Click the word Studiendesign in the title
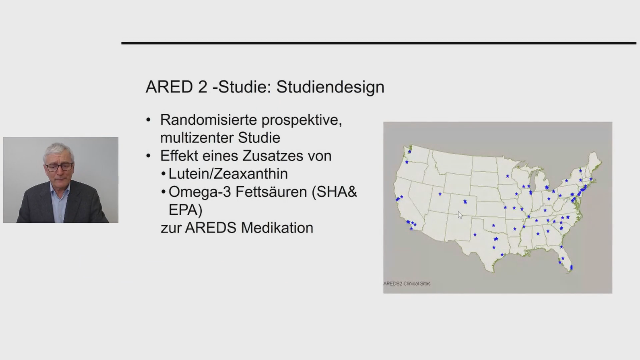click(x=330, y=87)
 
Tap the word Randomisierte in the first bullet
click(x=209, y=120)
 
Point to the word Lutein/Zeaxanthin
click(x=228, y=174)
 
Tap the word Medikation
click(x=277, y=228)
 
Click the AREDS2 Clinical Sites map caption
click(x=407, y=284)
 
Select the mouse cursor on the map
click(x=460, y=215)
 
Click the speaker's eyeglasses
click(x=59, y=167)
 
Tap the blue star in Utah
click(x=440, y=194)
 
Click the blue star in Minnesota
click(x=508, y=176)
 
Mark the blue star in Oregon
click(x=407, y=162)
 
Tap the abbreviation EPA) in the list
click(x=186, y=210)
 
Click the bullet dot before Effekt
click(x=149, y=156)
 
